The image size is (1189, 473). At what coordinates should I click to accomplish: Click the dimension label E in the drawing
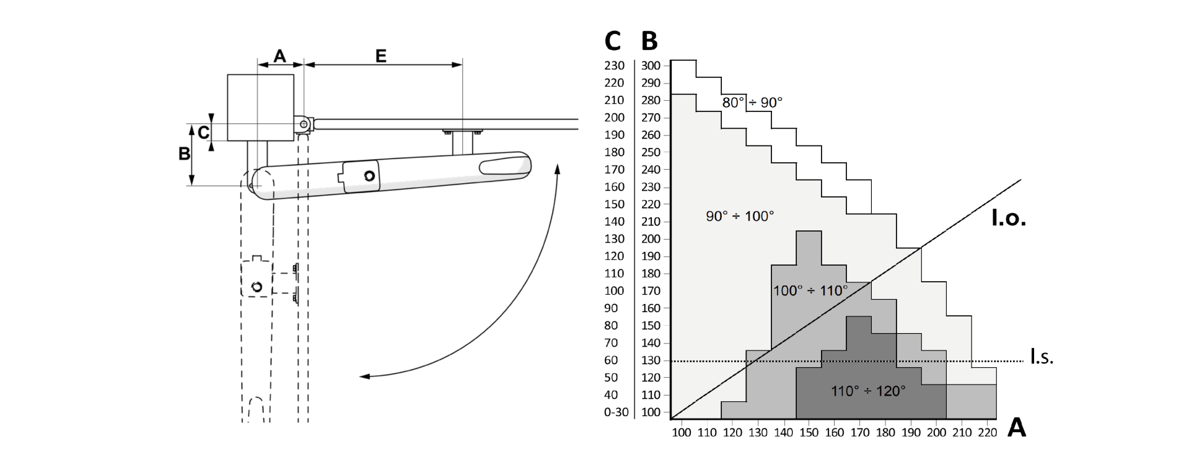[x=380, y=56]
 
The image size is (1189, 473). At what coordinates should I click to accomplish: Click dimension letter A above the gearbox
[x=279, y=56]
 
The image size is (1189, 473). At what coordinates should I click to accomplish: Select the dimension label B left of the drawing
[x=184, y=153]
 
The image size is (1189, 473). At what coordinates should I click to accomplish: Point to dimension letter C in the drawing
[x=203, y=132]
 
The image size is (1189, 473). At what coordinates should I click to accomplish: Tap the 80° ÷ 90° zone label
[x=752, y=103]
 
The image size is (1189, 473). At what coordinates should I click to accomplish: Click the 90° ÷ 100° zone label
[x=740, y=216]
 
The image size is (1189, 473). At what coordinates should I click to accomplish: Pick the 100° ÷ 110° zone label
[x=810, y=290]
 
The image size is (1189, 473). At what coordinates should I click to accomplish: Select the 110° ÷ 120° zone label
[x=867, y=391]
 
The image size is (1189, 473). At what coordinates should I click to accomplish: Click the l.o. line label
[x=1009, y=219]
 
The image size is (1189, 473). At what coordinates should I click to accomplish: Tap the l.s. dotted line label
[x=1042, y=357]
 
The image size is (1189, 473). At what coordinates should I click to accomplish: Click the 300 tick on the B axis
[x=651, y=66]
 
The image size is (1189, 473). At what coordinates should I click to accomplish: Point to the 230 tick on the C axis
[x=614, y=66]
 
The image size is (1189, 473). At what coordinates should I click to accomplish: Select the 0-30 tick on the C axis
[x=616, y=412]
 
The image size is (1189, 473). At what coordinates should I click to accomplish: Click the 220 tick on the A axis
[x=987, y=433]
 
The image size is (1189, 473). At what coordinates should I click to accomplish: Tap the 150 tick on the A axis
[x=809, y=433]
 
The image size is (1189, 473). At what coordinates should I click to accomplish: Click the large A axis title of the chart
[x=1017, y=428]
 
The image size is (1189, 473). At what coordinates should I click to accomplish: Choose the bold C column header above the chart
[x=612, y=41]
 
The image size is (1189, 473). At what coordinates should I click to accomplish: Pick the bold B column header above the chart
[x=649, y=41]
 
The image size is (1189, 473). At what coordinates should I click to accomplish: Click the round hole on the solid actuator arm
[x=370, y=176]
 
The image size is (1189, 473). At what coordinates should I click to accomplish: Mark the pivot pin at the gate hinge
[x=304, y=124]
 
